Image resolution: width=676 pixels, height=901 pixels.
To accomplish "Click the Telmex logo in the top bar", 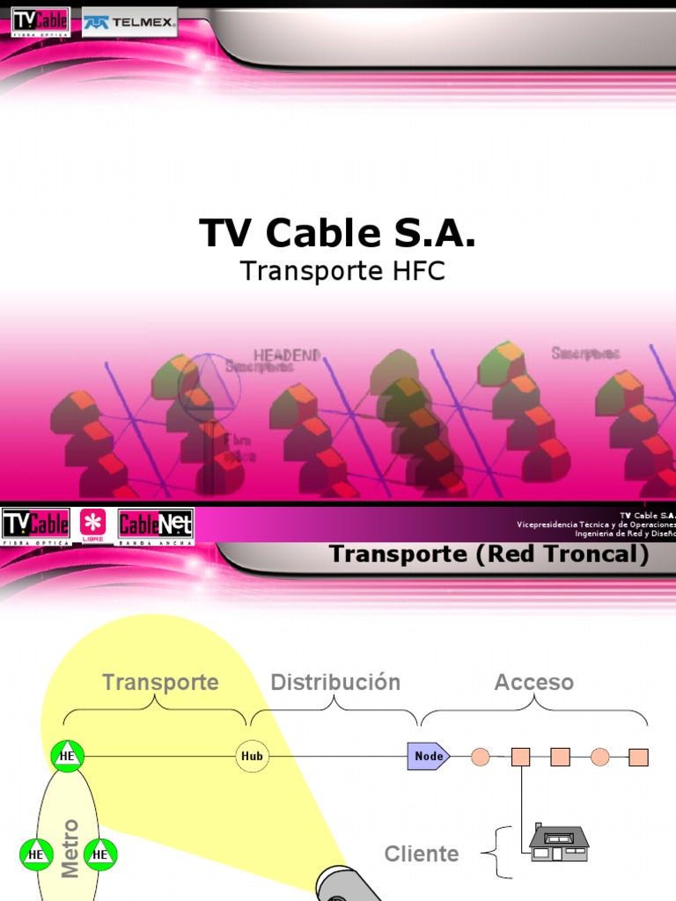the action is tap(129, 21).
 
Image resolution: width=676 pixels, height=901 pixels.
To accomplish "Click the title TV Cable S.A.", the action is tap(337, 233).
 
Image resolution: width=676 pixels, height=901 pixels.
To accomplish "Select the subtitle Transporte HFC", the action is tap(342, 272).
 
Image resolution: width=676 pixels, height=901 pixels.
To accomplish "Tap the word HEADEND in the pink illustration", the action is tap(287, 355).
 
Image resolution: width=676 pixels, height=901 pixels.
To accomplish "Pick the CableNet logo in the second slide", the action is tap(155, 525).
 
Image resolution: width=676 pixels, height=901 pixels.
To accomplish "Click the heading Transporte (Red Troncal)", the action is tap(489, 554).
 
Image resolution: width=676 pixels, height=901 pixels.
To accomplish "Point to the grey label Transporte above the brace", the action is tap(160, 682).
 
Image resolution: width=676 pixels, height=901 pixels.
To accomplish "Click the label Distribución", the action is tap(335, 682).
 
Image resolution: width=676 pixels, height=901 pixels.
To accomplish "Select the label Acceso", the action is tap(533, 682).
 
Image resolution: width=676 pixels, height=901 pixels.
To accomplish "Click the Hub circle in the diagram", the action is tap(253, 756).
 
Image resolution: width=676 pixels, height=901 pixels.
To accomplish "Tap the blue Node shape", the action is tap(428, 756).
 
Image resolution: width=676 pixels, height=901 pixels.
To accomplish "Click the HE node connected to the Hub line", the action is tap(67, 756).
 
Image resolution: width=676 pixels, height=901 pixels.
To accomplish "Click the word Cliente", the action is tap(422, 853).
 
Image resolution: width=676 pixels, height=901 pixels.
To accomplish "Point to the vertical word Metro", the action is tap(70, 848).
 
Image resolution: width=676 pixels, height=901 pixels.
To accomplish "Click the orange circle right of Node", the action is tap(481, 757).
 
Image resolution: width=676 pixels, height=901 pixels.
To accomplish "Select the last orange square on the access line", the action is tap(638, 757).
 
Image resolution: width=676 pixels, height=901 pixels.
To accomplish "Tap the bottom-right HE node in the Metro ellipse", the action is tap(100, 853).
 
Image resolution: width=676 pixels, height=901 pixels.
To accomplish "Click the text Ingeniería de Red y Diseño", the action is tap(625, 533).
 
